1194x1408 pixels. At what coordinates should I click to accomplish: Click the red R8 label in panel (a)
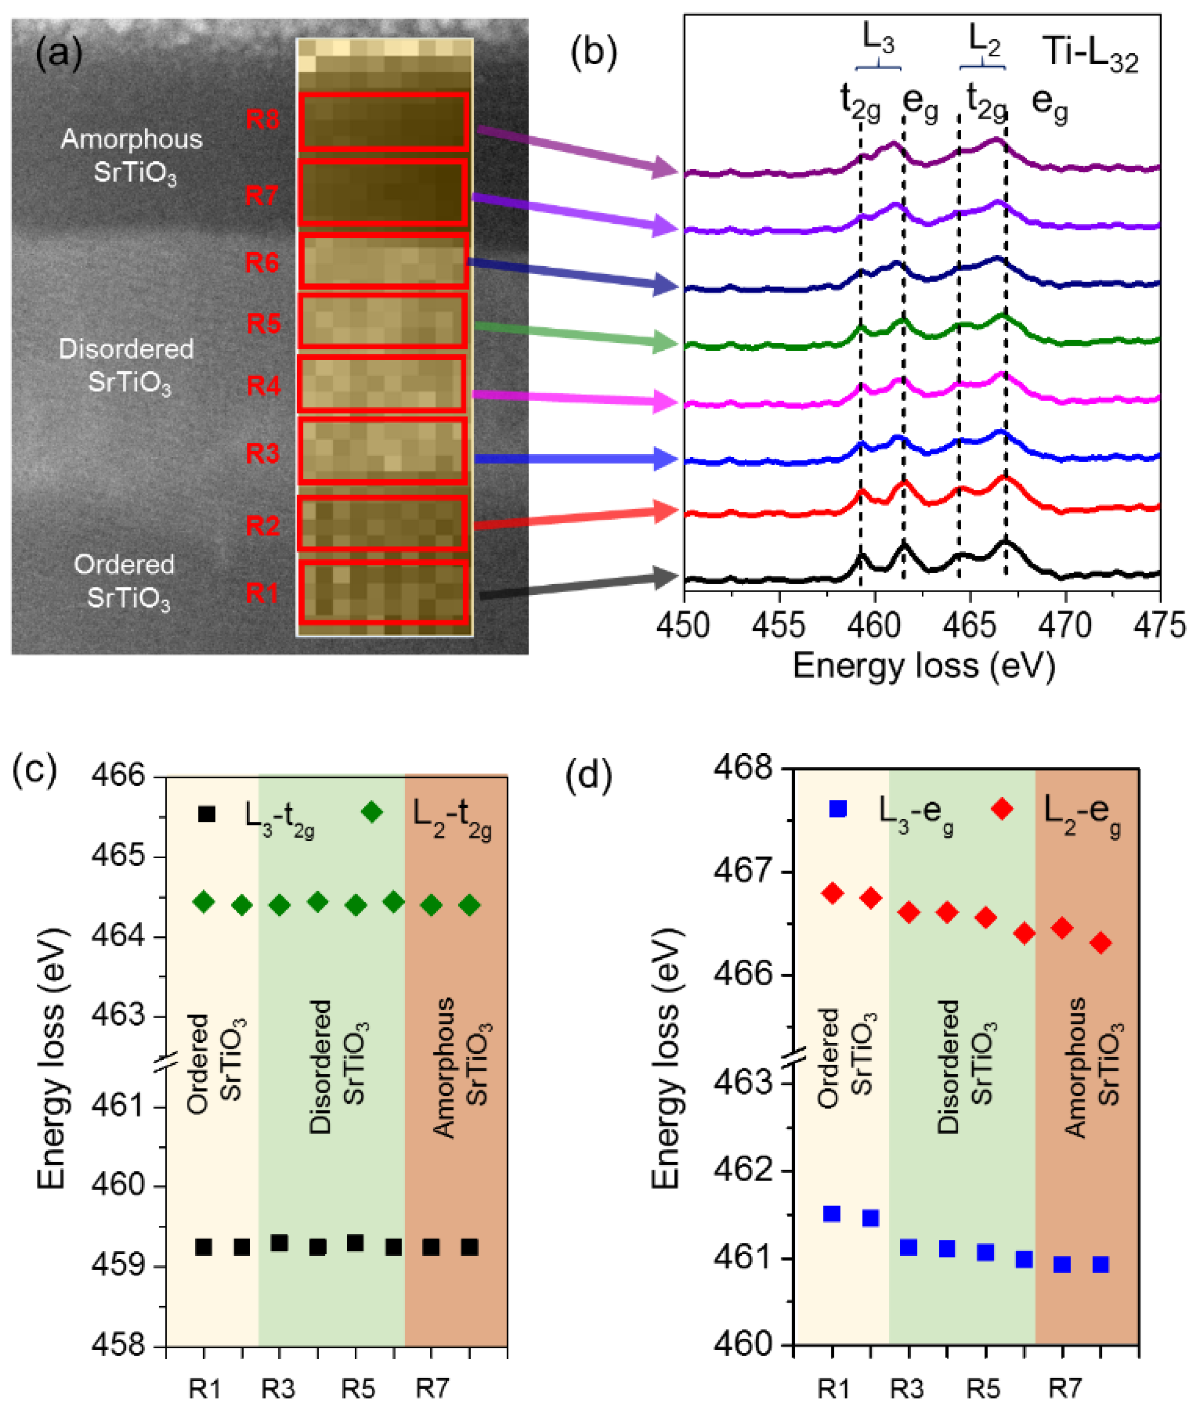point(263,120)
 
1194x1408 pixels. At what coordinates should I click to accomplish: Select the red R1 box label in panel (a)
point(263,593)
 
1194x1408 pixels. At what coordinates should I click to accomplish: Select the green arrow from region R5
point(575,335)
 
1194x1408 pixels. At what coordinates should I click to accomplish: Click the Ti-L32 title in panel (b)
point(1090,54)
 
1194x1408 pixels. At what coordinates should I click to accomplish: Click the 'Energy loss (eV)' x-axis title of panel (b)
point(923,666)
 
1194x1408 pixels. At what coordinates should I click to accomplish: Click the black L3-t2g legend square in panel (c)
point(206,813)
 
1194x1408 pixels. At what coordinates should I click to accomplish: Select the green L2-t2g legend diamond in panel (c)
point(372,811)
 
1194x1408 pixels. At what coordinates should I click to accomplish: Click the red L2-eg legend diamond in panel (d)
point(1002,808)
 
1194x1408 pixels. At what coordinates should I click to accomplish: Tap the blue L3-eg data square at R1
point(832,1214)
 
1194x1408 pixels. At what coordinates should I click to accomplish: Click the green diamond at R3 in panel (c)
point(280,905)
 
